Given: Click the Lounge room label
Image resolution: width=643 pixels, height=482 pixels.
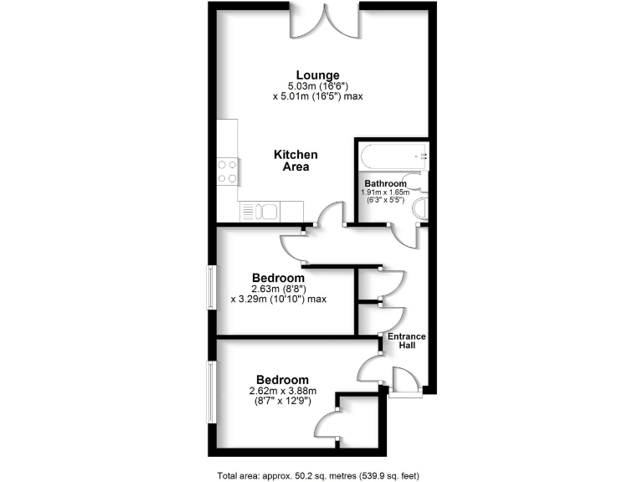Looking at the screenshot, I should [x=316, y=74].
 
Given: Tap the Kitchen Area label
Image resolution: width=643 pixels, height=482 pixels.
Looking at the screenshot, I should [x=296, y=160].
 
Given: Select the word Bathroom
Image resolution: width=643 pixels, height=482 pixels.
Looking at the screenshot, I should [x=385, y=183].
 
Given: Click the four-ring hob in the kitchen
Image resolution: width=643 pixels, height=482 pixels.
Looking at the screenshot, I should [x=227, y=172].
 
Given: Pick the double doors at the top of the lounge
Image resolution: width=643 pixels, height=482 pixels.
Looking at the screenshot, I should [x=326, y=23].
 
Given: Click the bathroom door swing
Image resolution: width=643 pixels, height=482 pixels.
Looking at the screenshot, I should [x=404, y=235].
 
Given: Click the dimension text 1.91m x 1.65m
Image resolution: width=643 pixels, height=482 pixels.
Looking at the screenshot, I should [x=385, y=192].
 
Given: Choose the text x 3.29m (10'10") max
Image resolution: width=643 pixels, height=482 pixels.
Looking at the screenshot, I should [x=277, y=300].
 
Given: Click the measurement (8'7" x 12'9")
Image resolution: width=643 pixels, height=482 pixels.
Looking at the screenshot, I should [x=276, y=401].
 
